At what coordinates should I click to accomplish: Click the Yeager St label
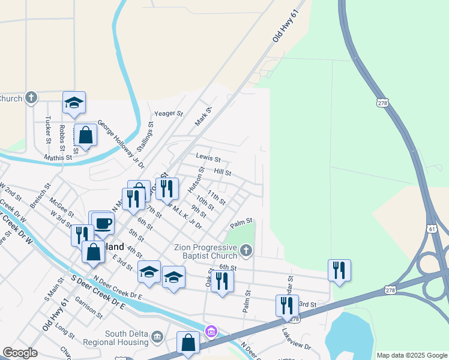click(x=168, y=113)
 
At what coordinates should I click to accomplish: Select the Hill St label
click(x=223, y=172)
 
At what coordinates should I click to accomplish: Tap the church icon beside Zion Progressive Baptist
click(x=245, y=250)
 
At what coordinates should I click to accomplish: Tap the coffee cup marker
click(x=103, y=223)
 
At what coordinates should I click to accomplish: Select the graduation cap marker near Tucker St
click(x=74, y=103)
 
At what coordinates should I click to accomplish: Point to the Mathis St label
click(x=58, y=157)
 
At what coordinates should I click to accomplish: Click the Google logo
click(x=20, y=353)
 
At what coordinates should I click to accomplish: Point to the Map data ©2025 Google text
click(x=412, y=355)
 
